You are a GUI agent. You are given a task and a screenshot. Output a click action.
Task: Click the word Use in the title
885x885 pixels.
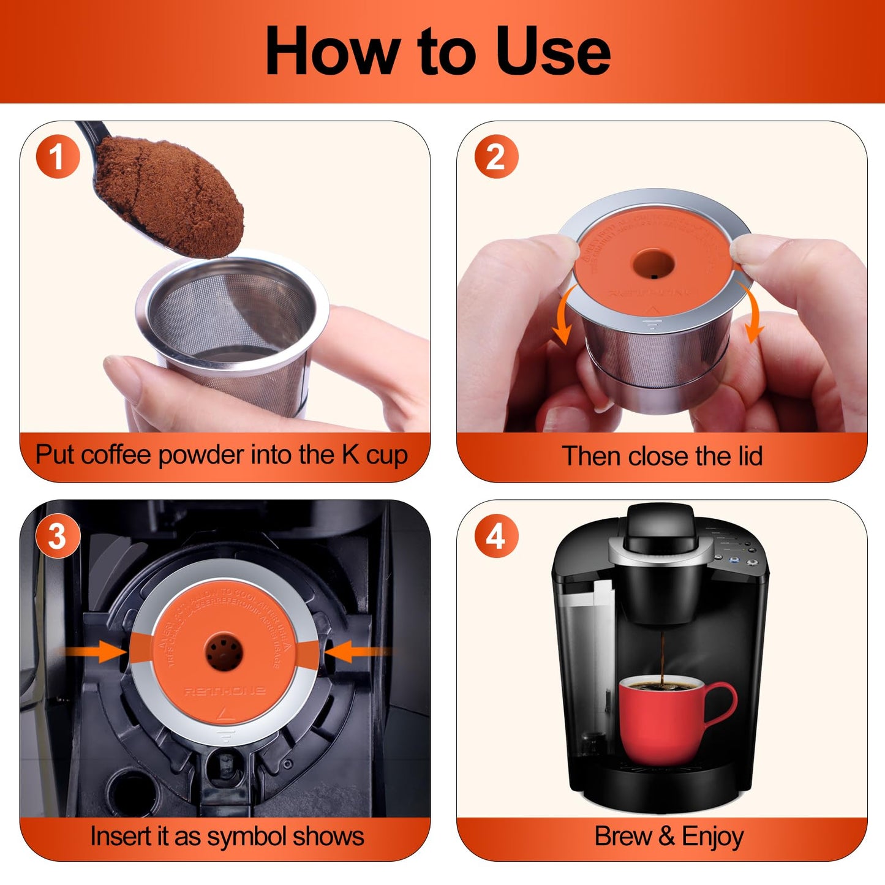552,51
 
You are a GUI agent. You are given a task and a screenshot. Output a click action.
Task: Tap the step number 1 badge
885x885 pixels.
58,157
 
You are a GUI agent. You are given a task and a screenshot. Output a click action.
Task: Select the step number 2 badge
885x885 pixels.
496,157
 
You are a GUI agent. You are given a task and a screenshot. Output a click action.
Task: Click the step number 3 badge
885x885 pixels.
58,537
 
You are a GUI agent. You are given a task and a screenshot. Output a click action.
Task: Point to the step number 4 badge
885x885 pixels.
496,537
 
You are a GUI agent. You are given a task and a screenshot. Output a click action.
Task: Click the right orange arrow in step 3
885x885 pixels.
354,652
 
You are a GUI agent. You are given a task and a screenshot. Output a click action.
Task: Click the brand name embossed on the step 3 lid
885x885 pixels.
225,691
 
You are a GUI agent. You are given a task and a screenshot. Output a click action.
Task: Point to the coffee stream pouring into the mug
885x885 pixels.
662,655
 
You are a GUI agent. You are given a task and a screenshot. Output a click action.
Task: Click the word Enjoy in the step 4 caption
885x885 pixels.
713,837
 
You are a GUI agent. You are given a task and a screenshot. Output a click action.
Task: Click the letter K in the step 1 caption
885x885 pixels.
350,455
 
